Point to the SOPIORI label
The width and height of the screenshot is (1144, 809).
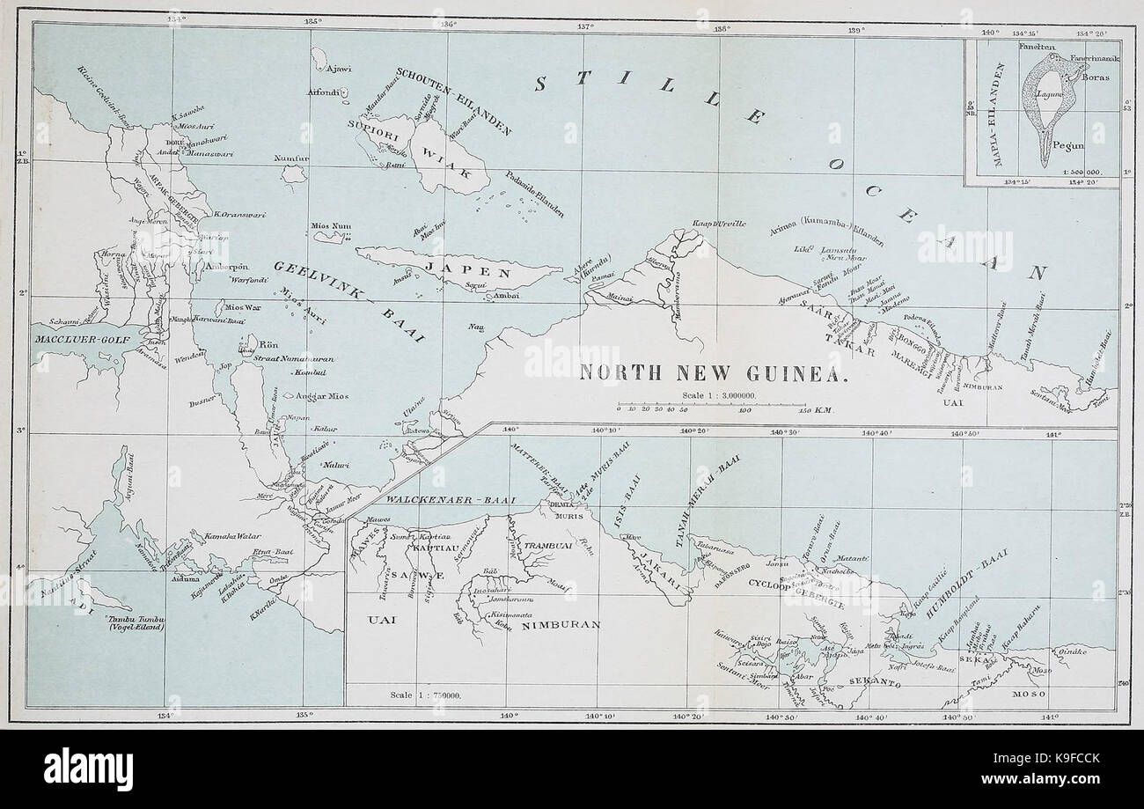pyautogui.click(x=380, y=123)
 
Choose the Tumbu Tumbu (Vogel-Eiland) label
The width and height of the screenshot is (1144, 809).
pyautogui.click(x=133, y=623)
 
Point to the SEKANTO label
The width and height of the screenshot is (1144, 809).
pyautogui.click(x=876, y=681)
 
